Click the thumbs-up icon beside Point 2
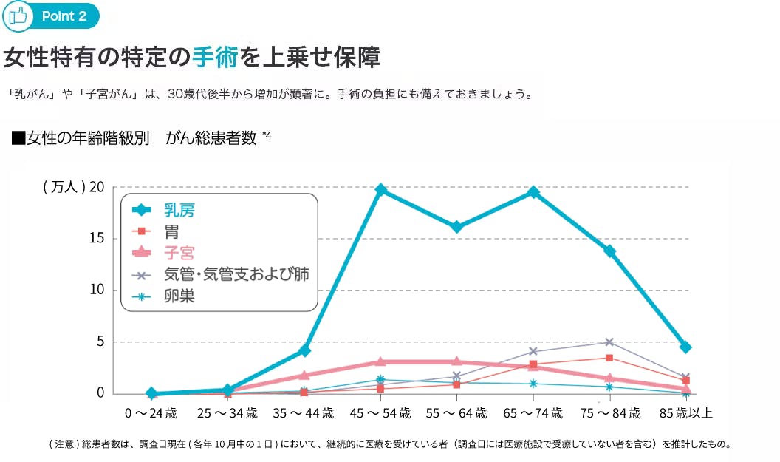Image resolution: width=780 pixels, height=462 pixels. (16, 16)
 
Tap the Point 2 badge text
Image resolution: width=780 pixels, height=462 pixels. (64, 16)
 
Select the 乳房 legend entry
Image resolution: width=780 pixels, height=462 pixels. (179, 210)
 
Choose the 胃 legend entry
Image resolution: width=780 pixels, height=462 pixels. (171, 231)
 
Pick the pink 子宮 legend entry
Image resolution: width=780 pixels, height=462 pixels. (179, 253)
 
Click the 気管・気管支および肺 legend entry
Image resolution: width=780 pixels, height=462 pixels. (236, 274)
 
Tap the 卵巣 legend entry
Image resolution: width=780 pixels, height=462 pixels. (179, 296)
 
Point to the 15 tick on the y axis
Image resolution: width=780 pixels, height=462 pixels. (97, 239)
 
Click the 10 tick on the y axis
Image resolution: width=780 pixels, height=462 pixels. (97, 291)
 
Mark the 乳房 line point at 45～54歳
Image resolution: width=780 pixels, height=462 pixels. (380, 191)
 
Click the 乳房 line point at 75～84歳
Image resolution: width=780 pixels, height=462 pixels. (609, 251)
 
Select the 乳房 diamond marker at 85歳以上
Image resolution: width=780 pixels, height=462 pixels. (685, 347)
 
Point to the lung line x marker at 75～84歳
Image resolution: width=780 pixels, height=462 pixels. (609, 342)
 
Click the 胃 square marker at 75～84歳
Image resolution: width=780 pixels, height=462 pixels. (609, 358)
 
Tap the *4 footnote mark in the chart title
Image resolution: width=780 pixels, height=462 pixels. (267, 135)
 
